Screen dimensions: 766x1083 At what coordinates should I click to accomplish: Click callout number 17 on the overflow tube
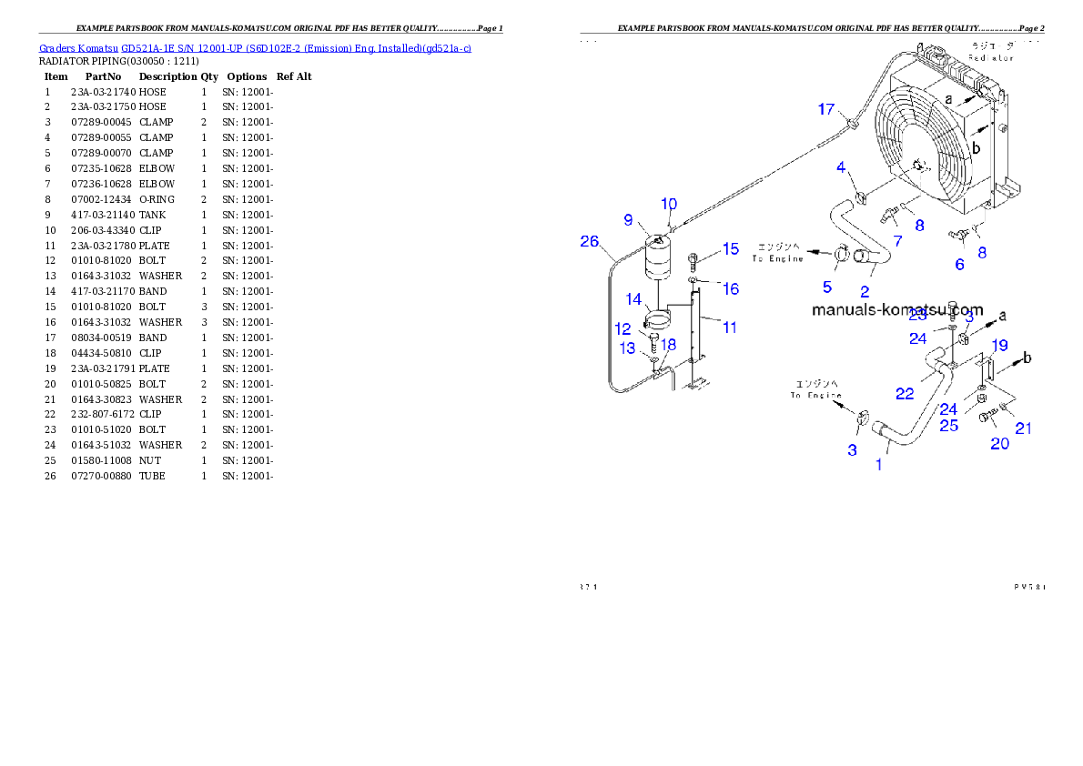click(x=825, y=109)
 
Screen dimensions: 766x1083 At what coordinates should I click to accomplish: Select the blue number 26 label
click(x=590, y=241)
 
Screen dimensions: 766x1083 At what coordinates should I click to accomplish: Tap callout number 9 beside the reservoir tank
click(x=628, y=219)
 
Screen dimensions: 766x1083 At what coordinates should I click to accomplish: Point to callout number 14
click(x=633, y=298)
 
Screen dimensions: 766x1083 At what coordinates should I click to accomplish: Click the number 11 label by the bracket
click(x=730, y=327)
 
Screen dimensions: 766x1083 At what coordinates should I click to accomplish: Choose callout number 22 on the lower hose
click(x=904, y=393)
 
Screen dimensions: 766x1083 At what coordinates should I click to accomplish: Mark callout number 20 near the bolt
click(x=999, y=443)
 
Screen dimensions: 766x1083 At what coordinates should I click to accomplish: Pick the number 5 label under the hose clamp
click(x=826, y=287)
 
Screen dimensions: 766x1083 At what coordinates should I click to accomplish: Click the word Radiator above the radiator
click(x=990, y=57)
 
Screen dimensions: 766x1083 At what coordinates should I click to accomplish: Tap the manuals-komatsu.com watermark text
click(x=897, y=309)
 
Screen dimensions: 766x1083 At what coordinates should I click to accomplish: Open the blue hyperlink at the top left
click(x=255, y=47)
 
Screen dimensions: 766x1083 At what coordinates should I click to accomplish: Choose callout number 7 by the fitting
click(x=897, y=241)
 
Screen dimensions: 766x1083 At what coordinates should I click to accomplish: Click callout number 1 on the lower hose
click(x=878, y=464)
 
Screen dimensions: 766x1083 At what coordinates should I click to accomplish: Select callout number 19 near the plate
click(x=999, y=345)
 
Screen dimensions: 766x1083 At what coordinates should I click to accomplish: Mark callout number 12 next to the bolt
click(x=622, y=328)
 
